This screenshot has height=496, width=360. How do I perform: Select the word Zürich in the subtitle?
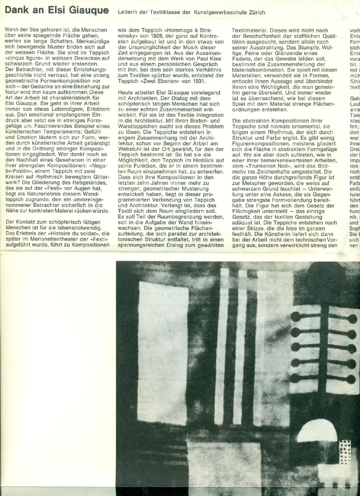(256, 13)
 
